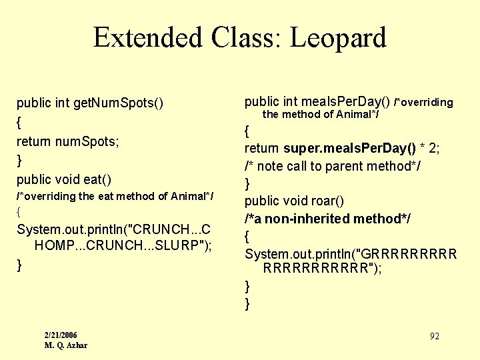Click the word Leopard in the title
tap(339, 38)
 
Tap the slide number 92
tap(434, 336)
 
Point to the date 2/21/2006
tap(61, 335)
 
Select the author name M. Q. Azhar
tap(66, 345)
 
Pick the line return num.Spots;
tap(68, 141)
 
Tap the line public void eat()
tap(64, 179)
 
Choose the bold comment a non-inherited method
tap(327, 219)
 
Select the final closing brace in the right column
tap(248, 304)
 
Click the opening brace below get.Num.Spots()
tap(19, 123)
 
